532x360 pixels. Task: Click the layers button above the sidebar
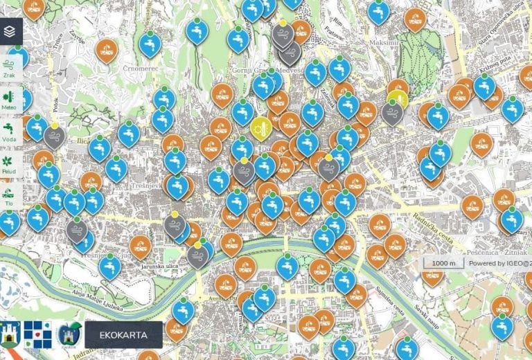pyautogui.click(x=10, y=31)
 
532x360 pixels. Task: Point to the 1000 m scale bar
pyautogui.click(x=444, y=264)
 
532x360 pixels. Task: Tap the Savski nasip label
pyautogui.click(x=424, y=305)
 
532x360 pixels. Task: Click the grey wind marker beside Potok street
pyautogui.click(x=55, y=136)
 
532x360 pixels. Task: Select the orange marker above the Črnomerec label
pyautogui.click(x=106, y=50)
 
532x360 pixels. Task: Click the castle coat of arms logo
pyautogui.click(x=10, y=334)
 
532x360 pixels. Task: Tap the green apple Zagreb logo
pyautogui.click(x=70, y=334)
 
